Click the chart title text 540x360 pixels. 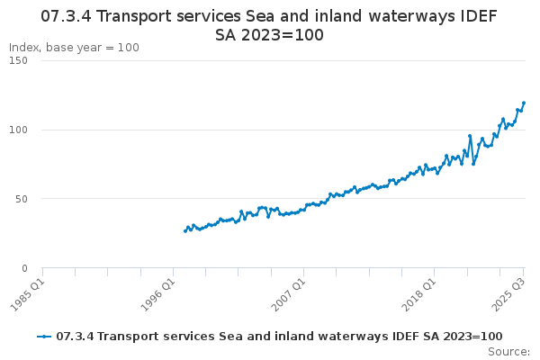pyautogui.click(x=270, y=26)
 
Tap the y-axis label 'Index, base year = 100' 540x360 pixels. pyautogui.click(x=74, y=48)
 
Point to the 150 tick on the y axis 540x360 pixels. pyautogui.click(x=18, y=60)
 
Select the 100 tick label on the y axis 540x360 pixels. pyautogui.click(x=18, y=130)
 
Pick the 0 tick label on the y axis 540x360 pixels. pyautogui.click(x=25, y=268)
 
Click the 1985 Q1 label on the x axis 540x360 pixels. pyautogui.click(x=27, y=294)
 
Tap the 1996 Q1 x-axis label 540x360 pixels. pyautogui.click(x=157, y=294)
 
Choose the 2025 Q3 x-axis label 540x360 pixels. pyautogui.click(x=508, y=294)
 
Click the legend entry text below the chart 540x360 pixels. pyautogui.click(x=279, y=337)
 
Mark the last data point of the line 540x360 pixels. pyautogui.click(x=524, y=103)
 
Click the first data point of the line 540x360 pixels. pyautogui.click(x=185, y=231)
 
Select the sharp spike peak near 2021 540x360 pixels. pyautogui.click(x=470, y=136)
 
